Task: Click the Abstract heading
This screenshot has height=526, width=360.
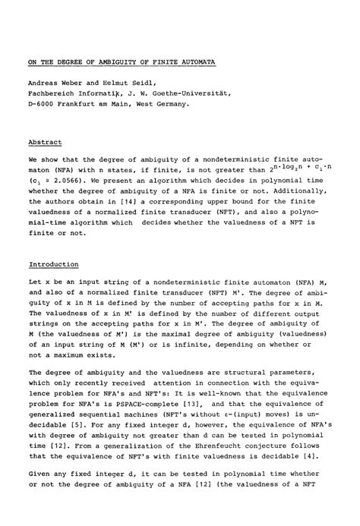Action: pos(45,141)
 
